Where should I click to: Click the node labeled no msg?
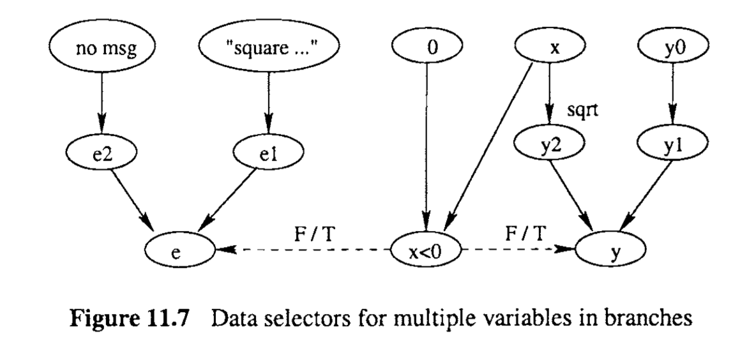(x=99, y=48)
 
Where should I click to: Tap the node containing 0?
(x=423, y=48)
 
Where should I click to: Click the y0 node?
(x=671, y=48)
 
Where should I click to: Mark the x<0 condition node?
(x=423, y=250)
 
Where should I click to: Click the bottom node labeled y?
(x=610, y=250)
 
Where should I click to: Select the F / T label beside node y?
(x=525, y=232)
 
